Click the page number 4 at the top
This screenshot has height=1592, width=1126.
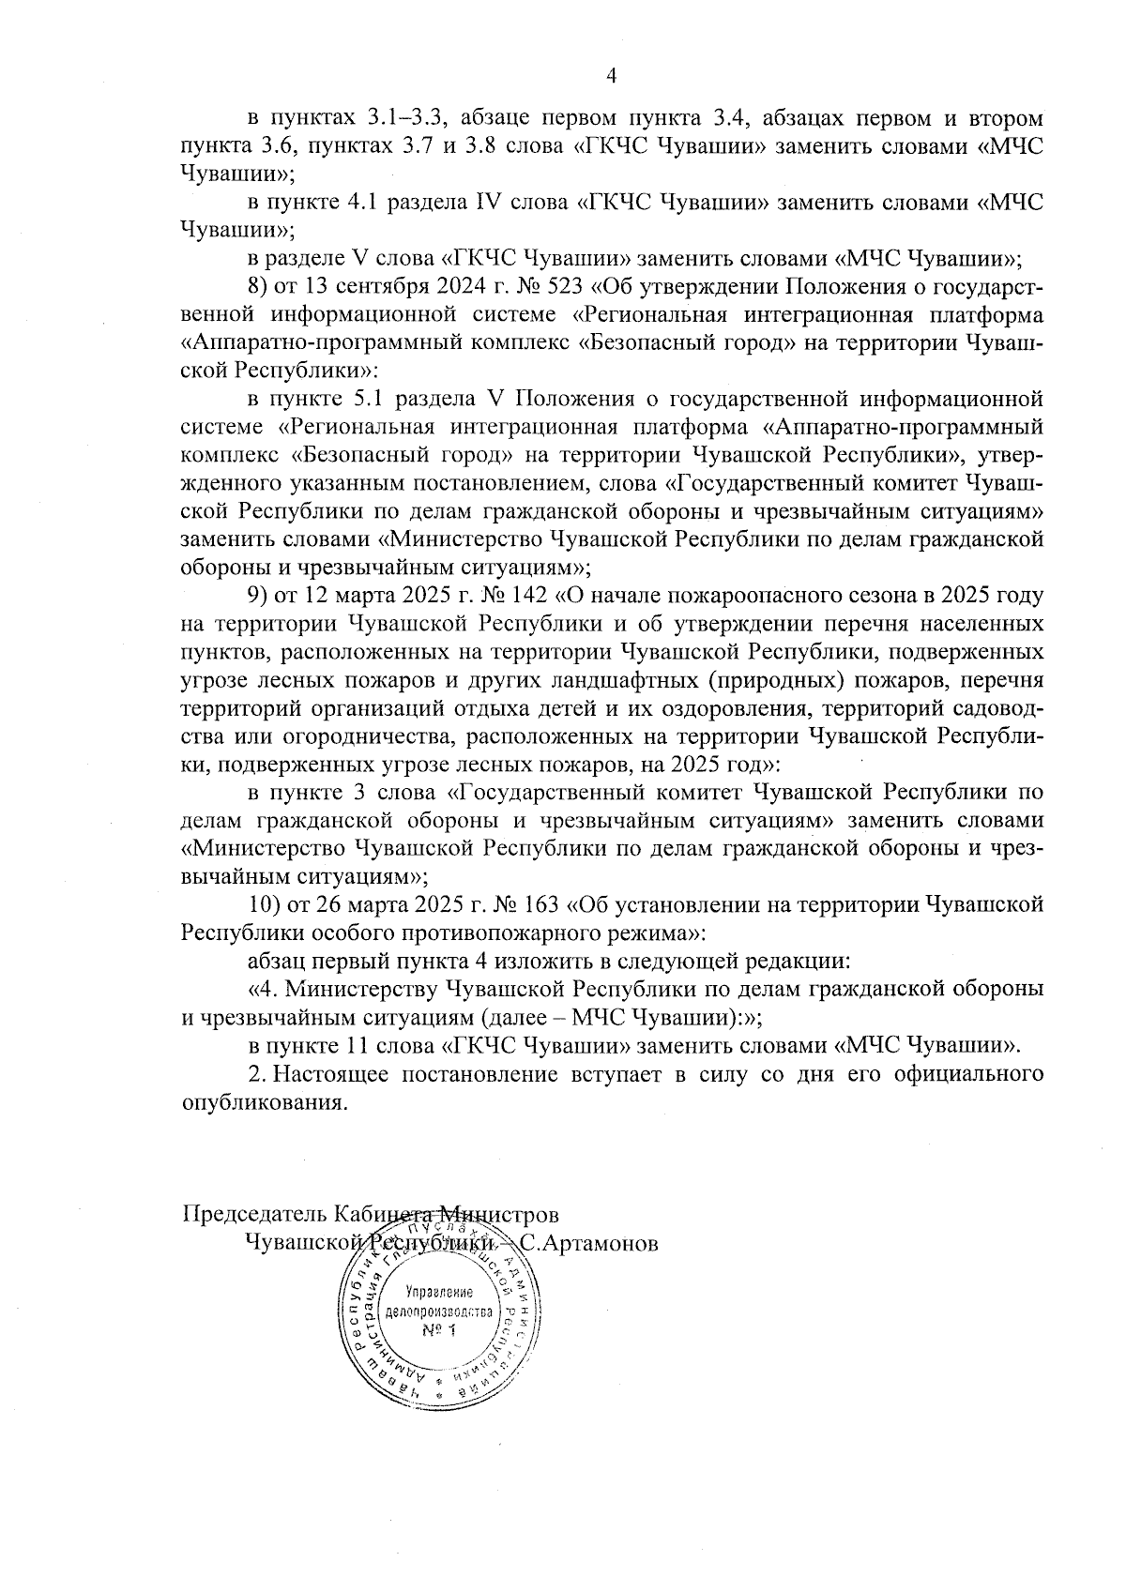pyautogui.click(x=612, y=76)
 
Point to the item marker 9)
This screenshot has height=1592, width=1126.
pyautogui.click(x=257, y=597)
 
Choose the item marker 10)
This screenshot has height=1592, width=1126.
pyautogui.click(x=263, y=905)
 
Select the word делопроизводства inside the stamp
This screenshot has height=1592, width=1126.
pyautogui.click(x=438, y=1311)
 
